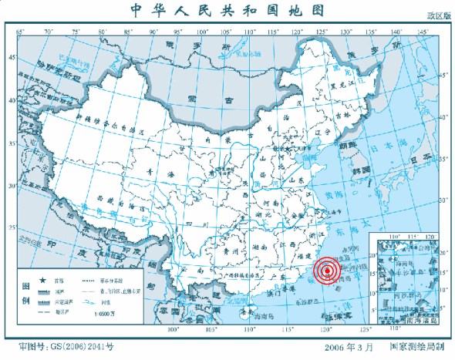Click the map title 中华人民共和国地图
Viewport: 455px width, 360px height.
point(228,10)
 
